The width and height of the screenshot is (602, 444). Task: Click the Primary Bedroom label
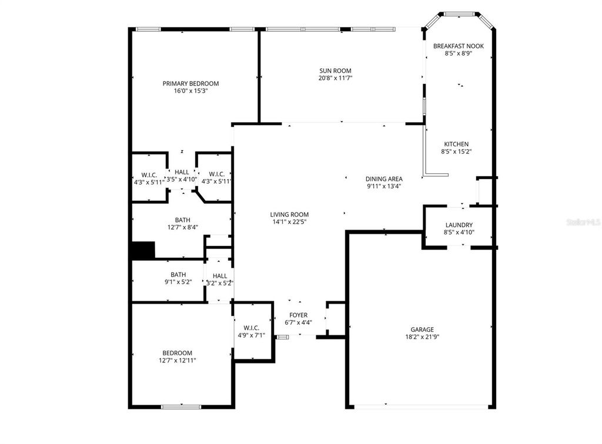tap(190, 83)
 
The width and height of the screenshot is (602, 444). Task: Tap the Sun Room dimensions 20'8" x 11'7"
tap(335, 78)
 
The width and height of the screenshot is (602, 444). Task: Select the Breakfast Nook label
tap(458, 46)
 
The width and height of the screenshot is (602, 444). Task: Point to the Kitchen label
tap(456, 144)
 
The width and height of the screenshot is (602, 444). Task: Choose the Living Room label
tap(289, 214)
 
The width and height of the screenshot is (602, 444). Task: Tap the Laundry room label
tap(459, 225)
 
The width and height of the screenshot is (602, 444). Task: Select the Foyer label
tap(298, 315)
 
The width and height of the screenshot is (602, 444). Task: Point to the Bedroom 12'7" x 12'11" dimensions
tap(177, 361)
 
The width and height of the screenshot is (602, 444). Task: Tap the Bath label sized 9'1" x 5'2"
tap(178, 274)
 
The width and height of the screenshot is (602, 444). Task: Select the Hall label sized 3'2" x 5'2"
tap(220, 275)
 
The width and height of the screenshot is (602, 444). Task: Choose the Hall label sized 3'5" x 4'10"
tap(182, 172)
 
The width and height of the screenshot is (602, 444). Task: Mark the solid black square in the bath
tap(143, 250)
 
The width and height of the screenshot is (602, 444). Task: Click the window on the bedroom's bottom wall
tap(181, 406)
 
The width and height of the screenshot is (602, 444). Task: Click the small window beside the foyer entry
tap(283, 337)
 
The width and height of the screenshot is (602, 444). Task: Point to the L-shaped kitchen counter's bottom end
tap(436, 174)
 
